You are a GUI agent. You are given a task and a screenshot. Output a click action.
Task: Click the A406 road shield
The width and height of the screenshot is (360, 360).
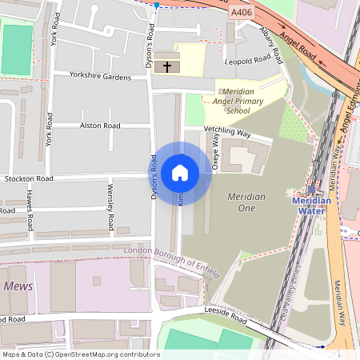point(240,13)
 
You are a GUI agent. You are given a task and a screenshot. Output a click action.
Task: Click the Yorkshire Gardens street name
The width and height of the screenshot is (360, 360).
point(100,77)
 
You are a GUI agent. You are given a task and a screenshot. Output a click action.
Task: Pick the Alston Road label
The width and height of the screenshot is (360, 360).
point(100,126)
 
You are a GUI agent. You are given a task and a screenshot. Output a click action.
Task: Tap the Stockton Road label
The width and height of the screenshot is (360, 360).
point(28,178)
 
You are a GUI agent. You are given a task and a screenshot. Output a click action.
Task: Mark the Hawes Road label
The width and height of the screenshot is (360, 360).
point(30,210)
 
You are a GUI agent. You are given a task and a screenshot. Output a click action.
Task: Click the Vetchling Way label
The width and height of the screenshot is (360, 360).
point(227,130)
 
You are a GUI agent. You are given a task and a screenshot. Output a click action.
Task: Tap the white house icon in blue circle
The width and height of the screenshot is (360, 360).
point(180,172)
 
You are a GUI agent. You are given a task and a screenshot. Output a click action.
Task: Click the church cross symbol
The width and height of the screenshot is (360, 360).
point(167,66)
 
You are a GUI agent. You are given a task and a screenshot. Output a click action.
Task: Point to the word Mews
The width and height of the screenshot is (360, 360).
point(18,286)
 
